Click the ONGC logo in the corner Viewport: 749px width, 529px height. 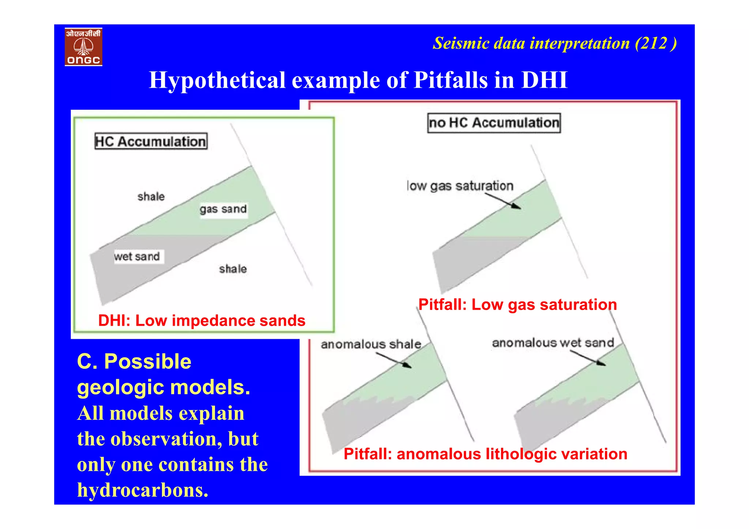click(83, 47)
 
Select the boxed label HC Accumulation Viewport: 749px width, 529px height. click(151, 141)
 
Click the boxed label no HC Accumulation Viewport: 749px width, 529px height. click(494, 123)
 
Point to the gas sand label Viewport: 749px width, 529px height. click(223, 209)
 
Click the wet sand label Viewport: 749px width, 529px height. click(137, 257)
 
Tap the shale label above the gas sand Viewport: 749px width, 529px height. click(151, 197)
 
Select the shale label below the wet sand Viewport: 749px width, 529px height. click(233, 269)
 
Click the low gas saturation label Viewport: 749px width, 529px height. click(460, 186)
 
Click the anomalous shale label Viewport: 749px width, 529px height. click(371, 344)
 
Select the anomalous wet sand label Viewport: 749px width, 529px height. click(553, 343)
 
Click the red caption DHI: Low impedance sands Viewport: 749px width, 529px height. click(202, 321)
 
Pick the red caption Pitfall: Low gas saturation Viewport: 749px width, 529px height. click(517, 305)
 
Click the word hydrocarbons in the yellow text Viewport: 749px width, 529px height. click(143, 490)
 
